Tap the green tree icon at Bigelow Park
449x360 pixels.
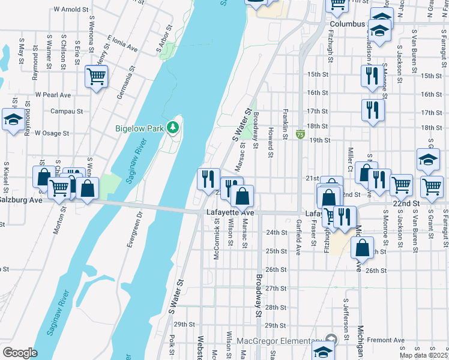[173, 127]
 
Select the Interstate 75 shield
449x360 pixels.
[300, 136]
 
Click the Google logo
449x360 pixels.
[20, 353]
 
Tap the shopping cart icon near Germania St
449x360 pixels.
[96, 76]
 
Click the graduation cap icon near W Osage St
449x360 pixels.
[13, 119]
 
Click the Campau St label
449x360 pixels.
[66, 112]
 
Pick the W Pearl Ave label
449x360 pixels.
[53, 95]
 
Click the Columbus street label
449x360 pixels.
[347, 24]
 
